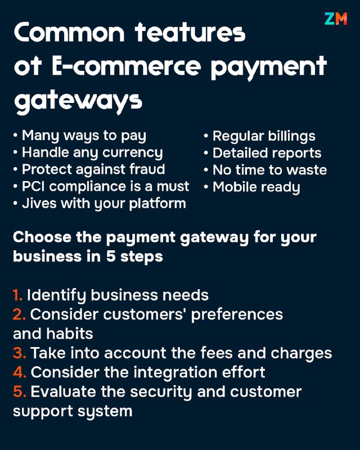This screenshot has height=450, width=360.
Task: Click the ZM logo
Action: click(x=336, y=19)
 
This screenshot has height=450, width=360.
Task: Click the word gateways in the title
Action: click(x=78, y=102)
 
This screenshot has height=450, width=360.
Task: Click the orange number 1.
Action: click(x=17, y=295)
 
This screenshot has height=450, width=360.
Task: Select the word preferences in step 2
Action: click(x=237, y=315)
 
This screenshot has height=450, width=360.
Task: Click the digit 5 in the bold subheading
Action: click(x=110, y=256)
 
